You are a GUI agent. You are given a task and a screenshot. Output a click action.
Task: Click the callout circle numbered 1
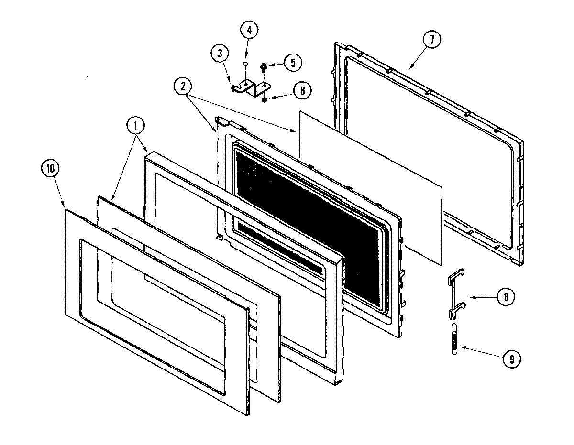pyautogui.click(x=136, y=126)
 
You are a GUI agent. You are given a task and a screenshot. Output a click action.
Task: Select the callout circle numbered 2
pyautogui.click(x=184, y=87)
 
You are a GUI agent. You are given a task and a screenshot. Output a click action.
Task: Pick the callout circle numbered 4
pyautogui.click(x=249, y=30)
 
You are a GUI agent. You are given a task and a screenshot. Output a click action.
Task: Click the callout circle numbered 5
pyautogui.click(x=292, y=62)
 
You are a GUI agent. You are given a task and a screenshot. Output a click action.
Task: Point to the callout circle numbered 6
pyautogui.click(x=301, y=91)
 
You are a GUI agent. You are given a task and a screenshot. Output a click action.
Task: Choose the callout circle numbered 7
pyautogui.click(x=431, y=40)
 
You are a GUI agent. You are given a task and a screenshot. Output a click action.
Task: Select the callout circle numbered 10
pyautogui.click(x=50, y=169)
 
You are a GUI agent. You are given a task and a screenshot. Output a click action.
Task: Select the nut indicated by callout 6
pyautogui.click(x=264, y=99)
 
